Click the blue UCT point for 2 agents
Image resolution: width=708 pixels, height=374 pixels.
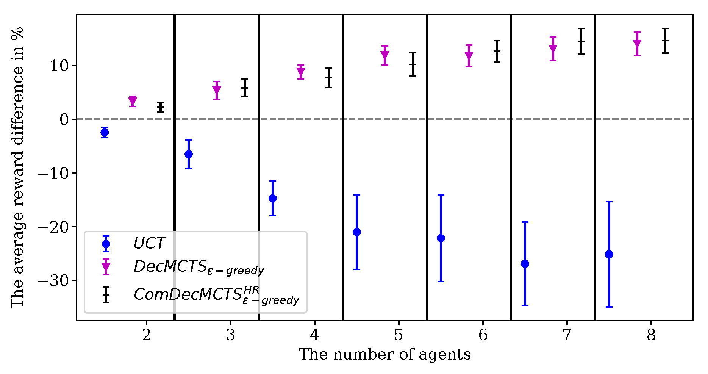click(x=105, y=132)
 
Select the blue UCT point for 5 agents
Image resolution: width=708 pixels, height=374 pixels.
click(x=357, y=232)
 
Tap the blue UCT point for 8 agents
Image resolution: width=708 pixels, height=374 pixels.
click(x=609, y=254)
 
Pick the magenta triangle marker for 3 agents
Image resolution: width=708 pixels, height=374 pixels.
click(x=217, y=91)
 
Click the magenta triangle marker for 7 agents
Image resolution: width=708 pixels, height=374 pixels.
click(x=553, y=49)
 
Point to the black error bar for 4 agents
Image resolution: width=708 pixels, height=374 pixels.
click(x=329, y=78)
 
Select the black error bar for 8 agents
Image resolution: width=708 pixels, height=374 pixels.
click(x=665, y=41)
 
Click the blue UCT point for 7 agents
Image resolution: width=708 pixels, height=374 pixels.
click(x=525, y=264)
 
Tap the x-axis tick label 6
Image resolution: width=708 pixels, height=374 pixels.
click(x=483, y=335)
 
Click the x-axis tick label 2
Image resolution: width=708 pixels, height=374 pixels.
click(x=146, y=335)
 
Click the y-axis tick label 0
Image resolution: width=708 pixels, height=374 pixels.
click(x=64, y=120)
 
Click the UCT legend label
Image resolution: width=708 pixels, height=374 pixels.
click(x=149, y=244)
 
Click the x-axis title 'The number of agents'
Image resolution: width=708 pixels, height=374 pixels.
click(x=384, y=355)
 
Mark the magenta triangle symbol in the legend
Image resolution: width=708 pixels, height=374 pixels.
click(x=106, y=268)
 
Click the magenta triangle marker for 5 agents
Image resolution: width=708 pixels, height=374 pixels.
click(x=385, y=56)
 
